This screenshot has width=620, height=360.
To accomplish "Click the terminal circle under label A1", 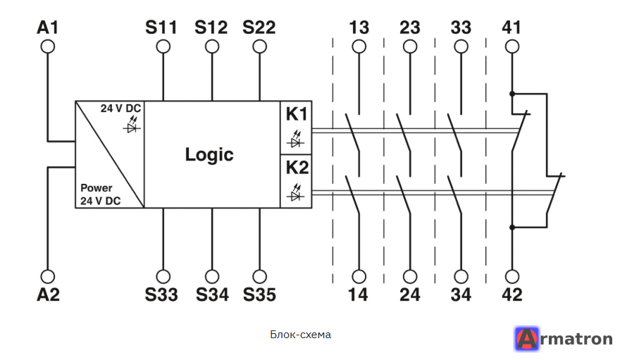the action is point(48,46).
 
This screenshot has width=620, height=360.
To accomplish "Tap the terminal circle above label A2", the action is point(48,277).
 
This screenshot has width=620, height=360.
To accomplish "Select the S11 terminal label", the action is point(161,27).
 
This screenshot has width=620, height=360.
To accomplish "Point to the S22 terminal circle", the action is point(259,46).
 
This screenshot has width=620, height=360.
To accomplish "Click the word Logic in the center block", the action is point(209,154).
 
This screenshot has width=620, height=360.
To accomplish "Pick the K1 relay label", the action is point(297,114).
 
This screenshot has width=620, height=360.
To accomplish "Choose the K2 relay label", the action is point(297,168).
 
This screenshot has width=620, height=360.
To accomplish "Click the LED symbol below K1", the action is point(296,139).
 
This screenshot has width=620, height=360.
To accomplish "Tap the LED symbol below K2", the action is point(296,192).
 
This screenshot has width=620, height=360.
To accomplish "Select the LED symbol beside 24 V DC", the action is point(132,125).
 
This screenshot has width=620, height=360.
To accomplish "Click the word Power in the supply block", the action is point(96,187).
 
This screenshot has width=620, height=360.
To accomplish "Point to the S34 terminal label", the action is point(212,294).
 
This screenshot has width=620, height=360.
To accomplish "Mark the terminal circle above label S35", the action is point(259,277).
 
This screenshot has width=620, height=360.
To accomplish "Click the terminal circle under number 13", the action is point(359,46).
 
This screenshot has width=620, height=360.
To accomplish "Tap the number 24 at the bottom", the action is point(409,294).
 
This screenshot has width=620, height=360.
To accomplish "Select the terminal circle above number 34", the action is point(461,277).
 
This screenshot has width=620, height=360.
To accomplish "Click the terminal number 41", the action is point(512,27).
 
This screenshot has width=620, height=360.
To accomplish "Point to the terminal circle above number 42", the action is point(512,277).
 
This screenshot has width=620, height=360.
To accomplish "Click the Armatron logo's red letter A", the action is point(527,339).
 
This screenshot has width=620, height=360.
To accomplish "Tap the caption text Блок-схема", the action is point(301,335).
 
